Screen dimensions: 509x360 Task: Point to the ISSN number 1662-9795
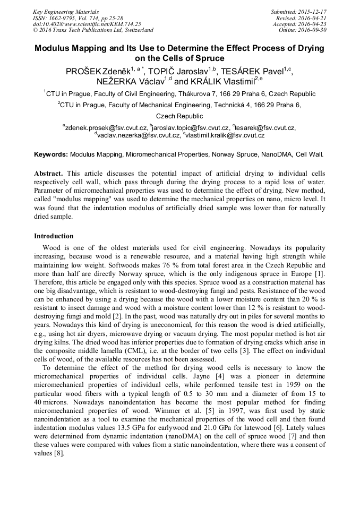click(x=62, y=18)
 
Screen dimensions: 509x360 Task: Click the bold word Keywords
click(x=51, y=154)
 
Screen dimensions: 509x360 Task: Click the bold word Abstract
click(x=49, y=174)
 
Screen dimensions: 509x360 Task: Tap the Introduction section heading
click(x=54, y=236)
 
